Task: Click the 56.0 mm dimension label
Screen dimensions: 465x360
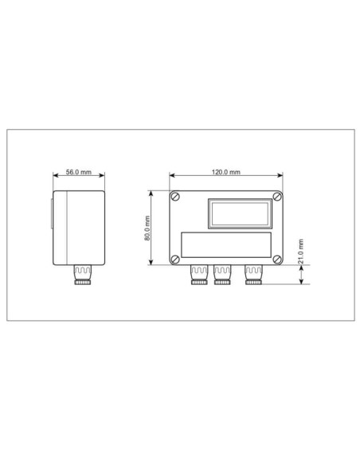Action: (79, 172)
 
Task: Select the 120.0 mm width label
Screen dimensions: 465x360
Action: (226, 172)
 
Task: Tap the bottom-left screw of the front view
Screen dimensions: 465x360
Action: (175, 259)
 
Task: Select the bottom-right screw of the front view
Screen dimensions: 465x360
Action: (276, 259)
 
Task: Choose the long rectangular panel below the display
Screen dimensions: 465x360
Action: (226, 244)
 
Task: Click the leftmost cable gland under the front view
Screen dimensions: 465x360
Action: (198, 275)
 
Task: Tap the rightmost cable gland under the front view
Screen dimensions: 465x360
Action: (253, 275)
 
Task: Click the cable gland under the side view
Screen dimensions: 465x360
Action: (84, 275)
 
